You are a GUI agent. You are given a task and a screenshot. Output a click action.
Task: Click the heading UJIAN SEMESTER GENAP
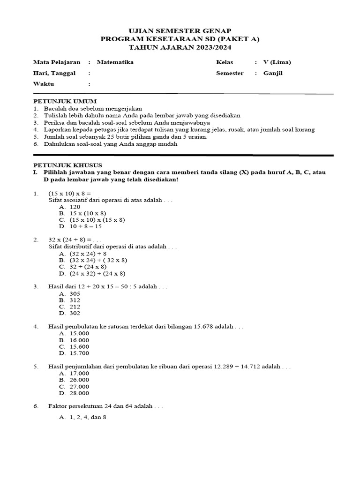point(180,30)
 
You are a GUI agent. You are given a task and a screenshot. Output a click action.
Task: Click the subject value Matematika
point(115,62)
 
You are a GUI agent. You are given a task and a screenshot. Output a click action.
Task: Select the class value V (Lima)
point(277,62)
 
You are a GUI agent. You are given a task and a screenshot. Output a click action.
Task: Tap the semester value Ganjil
point(273,73)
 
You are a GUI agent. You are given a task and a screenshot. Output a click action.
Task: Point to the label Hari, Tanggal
point(54,73)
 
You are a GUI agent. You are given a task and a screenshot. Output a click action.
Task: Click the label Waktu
point(44,84)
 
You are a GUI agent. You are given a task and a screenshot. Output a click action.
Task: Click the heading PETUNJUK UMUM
point(65,101)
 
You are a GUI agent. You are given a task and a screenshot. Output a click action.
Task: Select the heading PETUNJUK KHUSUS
point(67,165)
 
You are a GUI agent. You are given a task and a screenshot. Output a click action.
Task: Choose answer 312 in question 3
point(75,300)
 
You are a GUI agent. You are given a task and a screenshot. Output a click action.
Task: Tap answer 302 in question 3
point(75,313)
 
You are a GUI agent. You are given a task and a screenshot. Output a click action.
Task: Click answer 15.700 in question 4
point(79,353)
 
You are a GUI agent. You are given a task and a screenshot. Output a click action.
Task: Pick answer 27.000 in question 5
point(79,387)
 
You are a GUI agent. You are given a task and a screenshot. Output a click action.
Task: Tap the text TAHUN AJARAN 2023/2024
point(180,47)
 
